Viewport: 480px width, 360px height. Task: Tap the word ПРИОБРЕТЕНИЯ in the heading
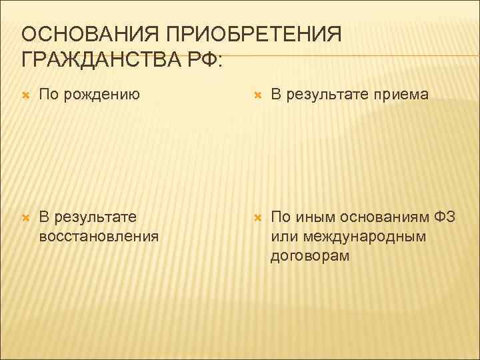pos(253,34)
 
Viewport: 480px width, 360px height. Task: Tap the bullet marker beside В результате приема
pos(257,96)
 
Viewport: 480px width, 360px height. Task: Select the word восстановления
pos(99,235)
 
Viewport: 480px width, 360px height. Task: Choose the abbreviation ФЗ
pos(445,217)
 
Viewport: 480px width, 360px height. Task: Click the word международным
pos(363,236)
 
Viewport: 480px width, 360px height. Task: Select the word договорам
pos(310,255)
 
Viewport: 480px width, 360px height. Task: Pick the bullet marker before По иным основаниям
pos(257,217)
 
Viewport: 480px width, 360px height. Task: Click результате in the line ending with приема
pos(329,95)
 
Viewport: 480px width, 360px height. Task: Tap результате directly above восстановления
pos(96,217)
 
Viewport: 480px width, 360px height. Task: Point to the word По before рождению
pos(49,95)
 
